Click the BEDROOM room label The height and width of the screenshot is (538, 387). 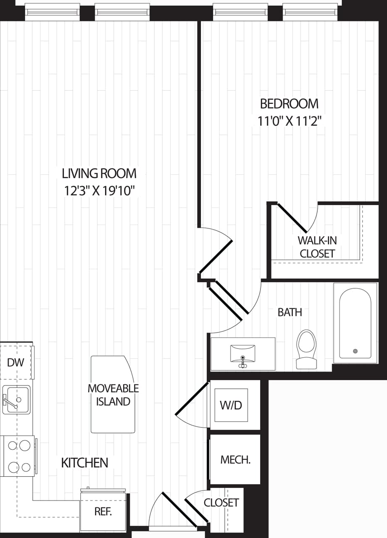289,103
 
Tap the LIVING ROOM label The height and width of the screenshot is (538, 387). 99,173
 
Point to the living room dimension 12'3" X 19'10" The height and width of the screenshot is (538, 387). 99,191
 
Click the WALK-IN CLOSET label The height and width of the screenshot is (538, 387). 317,247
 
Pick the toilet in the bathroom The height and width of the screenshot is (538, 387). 306,348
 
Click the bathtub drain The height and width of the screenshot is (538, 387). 355,351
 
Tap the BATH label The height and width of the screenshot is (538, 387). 290,312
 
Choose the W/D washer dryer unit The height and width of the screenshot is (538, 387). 232,405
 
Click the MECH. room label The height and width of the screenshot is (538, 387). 235,460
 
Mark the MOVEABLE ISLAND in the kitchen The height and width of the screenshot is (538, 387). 113,394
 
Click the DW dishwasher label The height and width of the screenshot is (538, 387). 16,363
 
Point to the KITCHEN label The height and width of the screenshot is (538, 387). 84,463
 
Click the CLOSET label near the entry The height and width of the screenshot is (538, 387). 221,502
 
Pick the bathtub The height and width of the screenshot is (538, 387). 355,323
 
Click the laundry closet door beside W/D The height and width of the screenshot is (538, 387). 191,398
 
